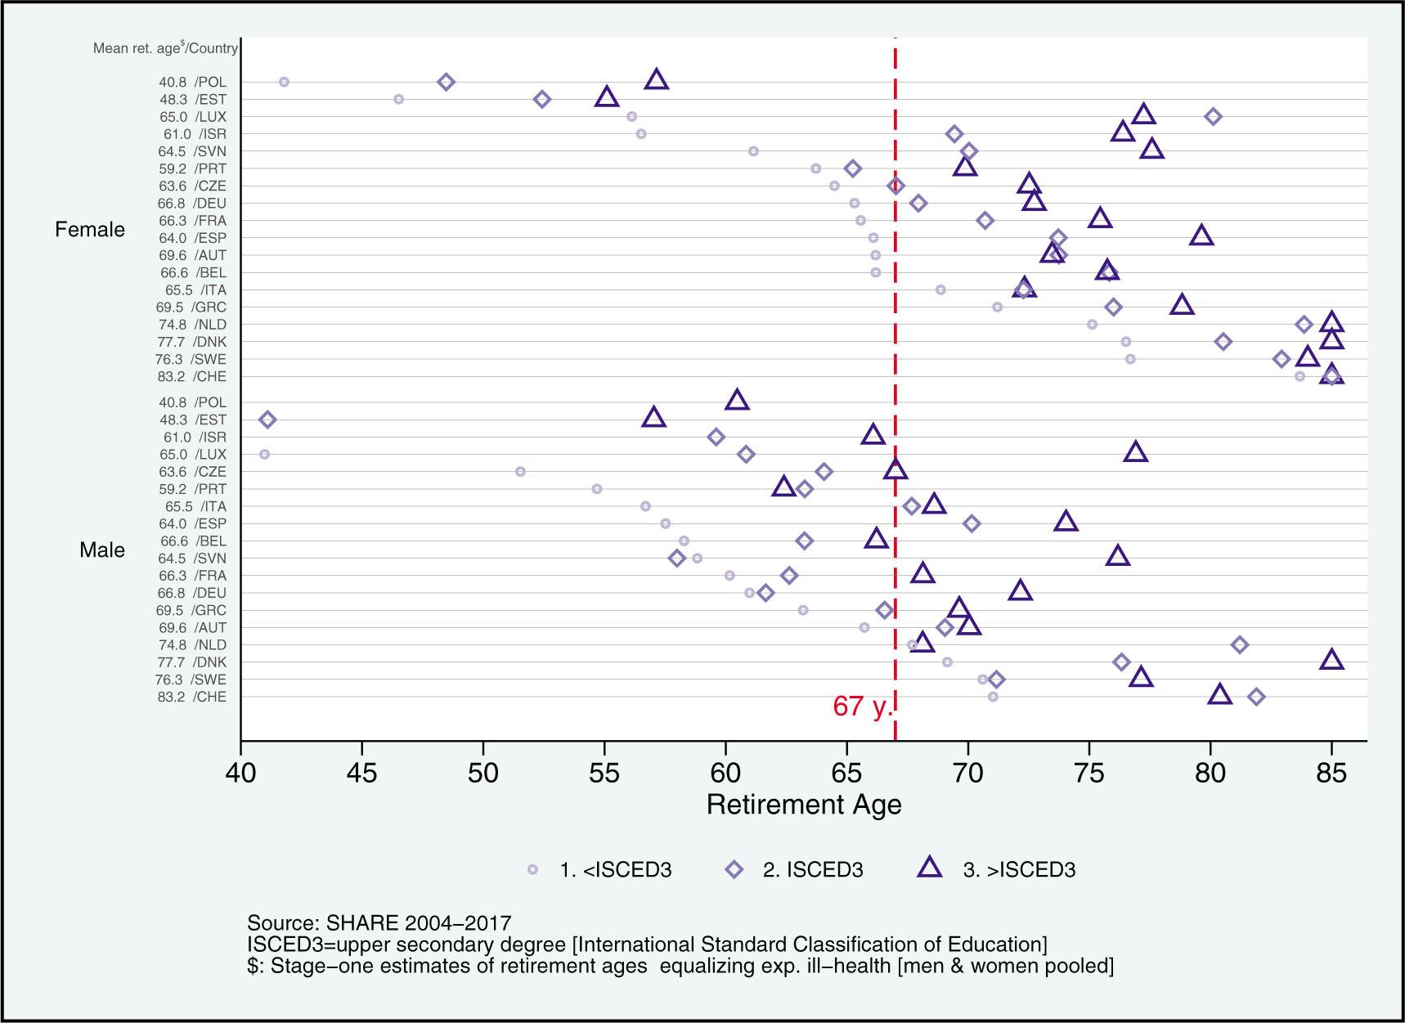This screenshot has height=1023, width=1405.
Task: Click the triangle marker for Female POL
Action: [656, 80]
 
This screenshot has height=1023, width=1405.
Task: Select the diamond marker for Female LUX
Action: [1214, 117]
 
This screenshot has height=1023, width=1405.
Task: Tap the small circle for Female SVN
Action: [753, 151]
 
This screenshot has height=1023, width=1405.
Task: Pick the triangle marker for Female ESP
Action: [1201, 236]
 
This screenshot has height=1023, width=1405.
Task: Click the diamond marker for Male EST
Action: [267, 420]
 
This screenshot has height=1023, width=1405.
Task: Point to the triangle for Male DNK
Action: [1331, 660]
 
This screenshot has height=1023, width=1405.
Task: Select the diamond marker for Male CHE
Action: [1257, 697]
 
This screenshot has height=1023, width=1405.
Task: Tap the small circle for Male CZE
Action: [520, 472]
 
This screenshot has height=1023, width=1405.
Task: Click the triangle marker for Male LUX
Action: [1136, 452]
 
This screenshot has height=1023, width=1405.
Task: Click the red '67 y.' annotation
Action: [861, 707]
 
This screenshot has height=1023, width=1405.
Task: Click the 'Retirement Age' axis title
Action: [804, 805]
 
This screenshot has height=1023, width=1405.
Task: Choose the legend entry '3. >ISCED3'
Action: [998, 869]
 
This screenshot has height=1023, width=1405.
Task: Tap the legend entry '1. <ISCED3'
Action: [601, 870]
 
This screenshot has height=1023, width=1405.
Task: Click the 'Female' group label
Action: [90, 230]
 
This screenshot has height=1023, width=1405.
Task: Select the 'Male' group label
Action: [102, 550]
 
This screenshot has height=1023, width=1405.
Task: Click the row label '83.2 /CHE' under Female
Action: [191, 377]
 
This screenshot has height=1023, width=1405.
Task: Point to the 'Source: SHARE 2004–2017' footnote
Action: [379, 923]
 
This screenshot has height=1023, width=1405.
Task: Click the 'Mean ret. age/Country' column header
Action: [165, 48]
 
